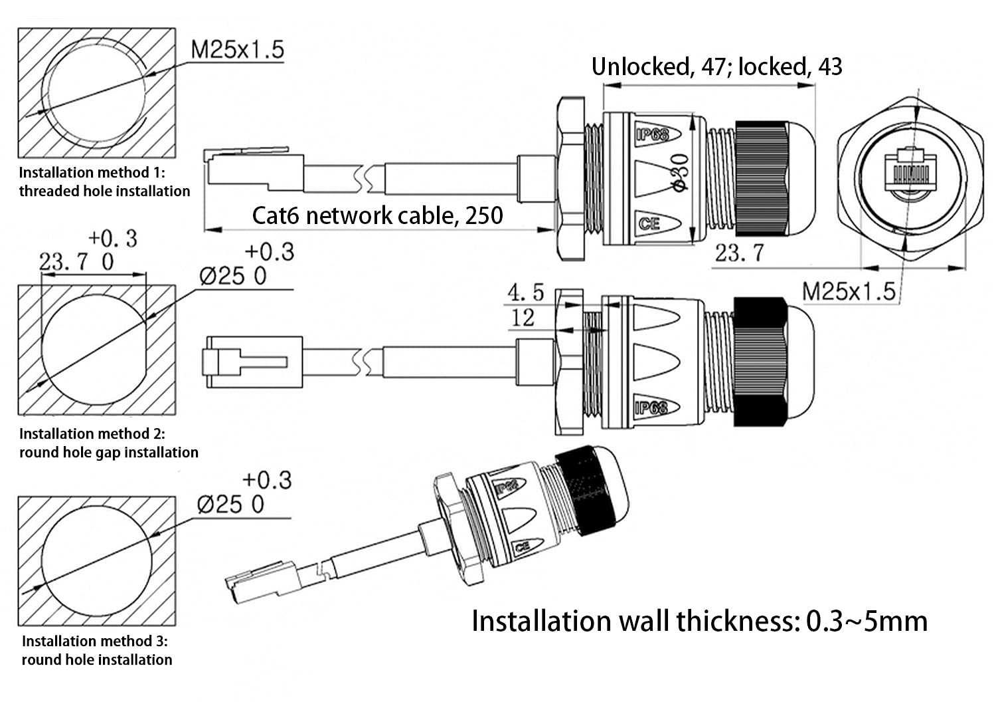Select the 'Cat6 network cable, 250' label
(x=377, y=215)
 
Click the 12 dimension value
(x=523, y=318)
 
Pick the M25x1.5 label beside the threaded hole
(x=237, y=49)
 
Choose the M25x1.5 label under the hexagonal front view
(x=848, y=291)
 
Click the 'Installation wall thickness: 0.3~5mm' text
(x=699, y=621)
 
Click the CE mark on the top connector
(x=649, y=223)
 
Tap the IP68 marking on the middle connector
(x=650, y=407)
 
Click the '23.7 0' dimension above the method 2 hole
(x=76, y=262)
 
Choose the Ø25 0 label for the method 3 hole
(x=230, y=505)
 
